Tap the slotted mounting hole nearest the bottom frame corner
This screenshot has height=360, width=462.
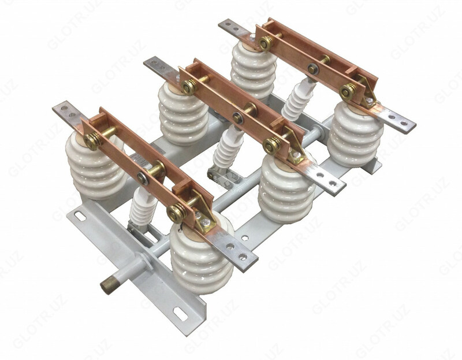click(181, 314)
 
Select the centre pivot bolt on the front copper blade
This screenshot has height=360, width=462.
click(143, 179)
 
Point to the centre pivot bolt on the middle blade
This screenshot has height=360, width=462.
click(237, 118)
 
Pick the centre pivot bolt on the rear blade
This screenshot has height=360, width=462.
click(312, 69)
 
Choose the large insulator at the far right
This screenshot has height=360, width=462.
click(355, 132)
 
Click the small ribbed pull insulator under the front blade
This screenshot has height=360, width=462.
click(143, 206)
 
